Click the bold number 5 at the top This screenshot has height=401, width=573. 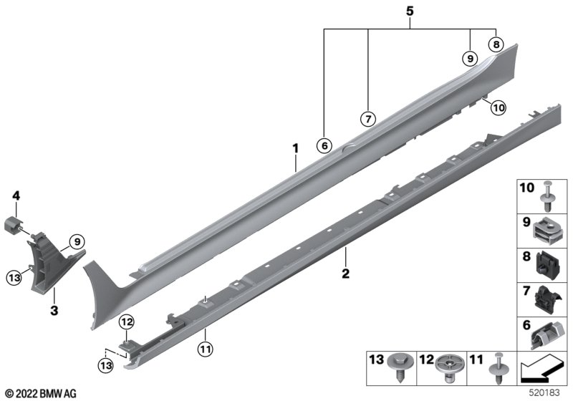[x=410, y=11]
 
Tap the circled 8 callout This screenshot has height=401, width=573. [x=496, y=44]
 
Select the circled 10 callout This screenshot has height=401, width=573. [x=499, y=107]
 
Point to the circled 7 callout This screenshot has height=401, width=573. [x=367, y=119]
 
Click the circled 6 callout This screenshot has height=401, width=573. [x=324, y=145]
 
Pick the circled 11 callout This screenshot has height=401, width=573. [x=205, y=349]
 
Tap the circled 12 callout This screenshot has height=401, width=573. [x=127, y=322]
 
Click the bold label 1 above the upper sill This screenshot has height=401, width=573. [x=295, y=149]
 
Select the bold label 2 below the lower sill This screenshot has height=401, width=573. [x=345, y=273]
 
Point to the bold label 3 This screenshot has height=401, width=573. [x=54, y=311]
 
